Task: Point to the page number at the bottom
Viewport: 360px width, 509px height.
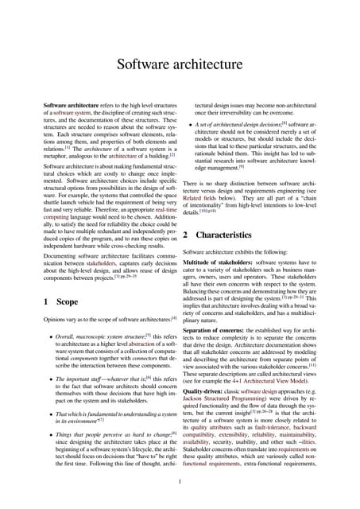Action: pyautogui.click(x=180, y=480)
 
